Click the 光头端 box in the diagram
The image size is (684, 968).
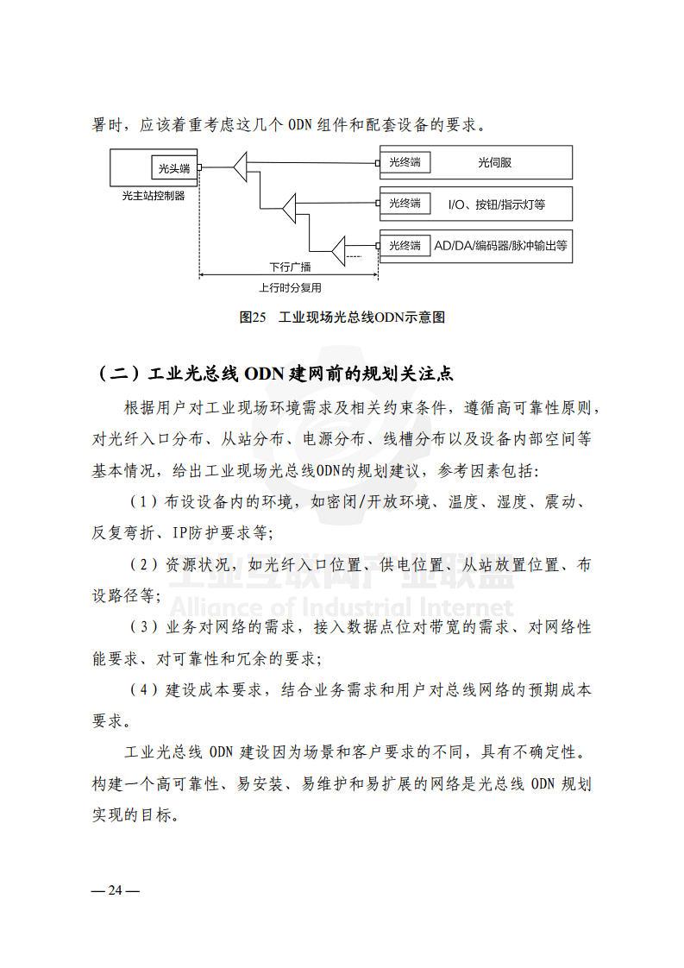[x=173, y=168]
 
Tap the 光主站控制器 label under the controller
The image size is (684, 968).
[x=154, y=196]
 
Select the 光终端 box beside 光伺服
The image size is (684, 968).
[x=405, y=161]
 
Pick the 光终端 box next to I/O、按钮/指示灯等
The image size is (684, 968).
[x=405, y=204]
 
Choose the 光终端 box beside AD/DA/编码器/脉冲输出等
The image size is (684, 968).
[x=405, y=246]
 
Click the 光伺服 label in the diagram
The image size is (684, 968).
[x=495, y=162]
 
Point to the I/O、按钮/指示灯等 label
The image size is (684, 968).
[x=497, y=204]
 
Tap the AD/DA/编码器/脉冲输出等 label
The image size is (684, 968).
[x=500, y=246]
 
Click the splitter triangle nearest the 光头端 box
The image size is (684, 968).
[x=241, y=167]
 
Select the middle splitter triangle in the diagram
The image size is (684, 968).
[x=290, y=205]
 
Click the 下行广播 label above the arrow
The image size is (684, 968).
[x=290, y=267]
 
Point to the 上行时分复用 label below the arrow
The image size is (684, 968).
[x=290, y=288]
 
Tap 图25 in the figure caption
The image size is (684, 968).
[x=253, y=317]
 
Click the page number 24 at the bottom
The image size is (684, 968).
[x=116, y=890]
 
